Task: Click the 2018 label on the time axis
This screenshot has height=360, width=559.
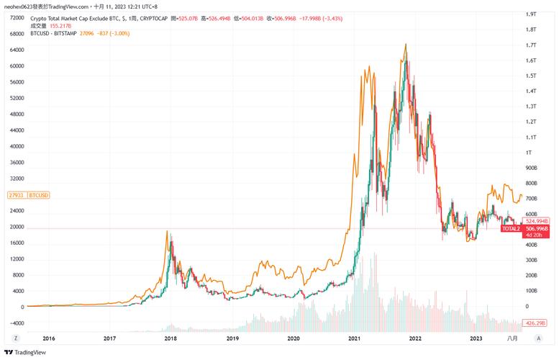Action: point(171,337)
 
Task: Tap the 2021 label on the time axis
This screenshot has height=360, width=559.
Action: point(354,337)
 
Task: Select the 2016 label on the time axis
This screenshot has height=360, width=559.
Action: point(48,337)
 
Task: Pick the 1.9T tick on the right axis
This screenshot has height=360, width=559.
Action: point(533,14)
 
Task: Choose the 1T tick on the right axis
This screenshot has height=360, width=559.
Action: point(531,153)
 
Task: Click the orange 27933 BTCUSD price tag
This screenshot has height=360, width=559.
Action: point(28,195)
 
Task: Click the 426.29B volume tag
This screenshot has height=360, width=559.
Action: point(536,323)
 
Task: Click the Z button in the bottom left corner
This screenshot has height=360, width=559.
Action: point(16,337)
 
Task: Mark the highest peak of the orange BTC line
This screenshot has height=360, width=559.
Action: point(406,45)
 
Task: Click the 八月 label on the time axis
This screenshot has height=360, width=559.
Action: point(512,337)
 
